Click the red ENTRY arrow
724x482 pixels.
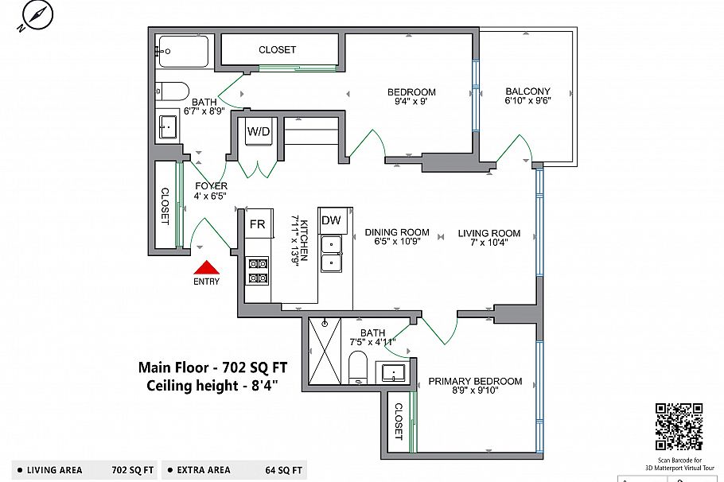(x=206, y=268)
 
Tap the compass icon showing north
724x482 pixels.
(x=37, y=15)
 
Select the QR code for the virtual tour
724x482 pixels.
(x=679, y=426)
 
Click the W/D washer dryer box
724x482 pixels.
(x=259, y=131)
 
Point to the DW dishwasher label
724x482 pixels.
(x=331, y=220)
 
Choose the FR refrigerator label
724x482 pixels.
(x=257, y=224)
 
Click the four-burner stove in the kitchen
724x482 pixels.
(x=258, y=271)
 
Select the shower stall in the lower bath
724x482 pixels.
(x=325, y=351)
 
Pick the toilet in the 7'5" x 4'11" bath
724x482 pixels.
(x=357, y=367)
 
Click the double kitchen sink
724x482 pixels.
(x=332, y=254)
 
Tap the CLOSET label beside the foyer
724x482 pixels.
(x=165, y=206)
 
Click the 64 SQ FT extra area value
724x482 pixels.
(x=283, y=470)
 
